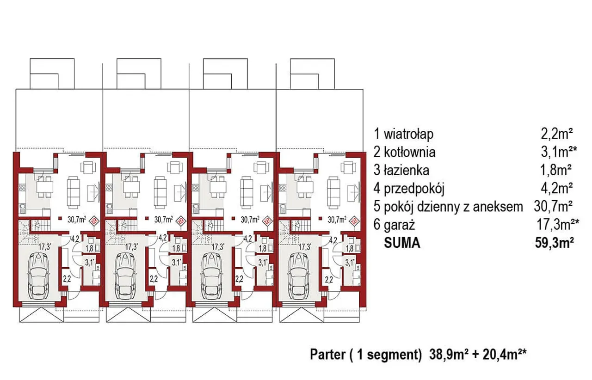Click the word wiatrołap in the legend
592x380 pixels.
(x=408, y=134)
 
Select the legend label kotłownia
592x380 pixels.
(x=409, y=153)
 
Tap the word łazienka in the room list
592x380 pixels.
(x=406, y=171)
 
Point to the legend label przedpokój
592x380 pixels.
(x=414, y=189)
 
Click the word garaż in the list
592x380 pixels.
(x=399, y=225)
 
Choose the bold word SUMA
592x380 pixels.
(x=402, y=243)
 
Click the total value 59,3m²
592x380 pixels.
(x=555, y=243)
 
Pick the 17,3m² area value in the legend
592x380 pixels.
(x=558, y=225)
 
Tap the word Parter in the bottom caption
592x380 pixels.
(x=327, y=355)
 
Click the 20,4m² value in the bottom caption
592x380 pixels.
(x=505, y=355)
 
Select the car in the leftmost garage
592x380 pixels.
(x=38, y=276)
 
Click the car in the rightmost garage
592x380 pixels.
(x=299, y=276)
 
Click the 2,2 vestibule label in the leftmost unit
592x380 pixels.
(x=67, y=279)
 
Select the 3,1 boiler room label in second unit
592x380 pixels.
(x=177, y=263)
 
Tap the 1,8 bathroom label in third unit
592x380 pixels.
(x=262, y=248)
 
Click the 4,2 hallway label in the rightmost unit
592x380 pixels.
(x=333, y=240)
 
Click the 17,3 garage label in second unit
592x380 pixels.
(x=132, y=247)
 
